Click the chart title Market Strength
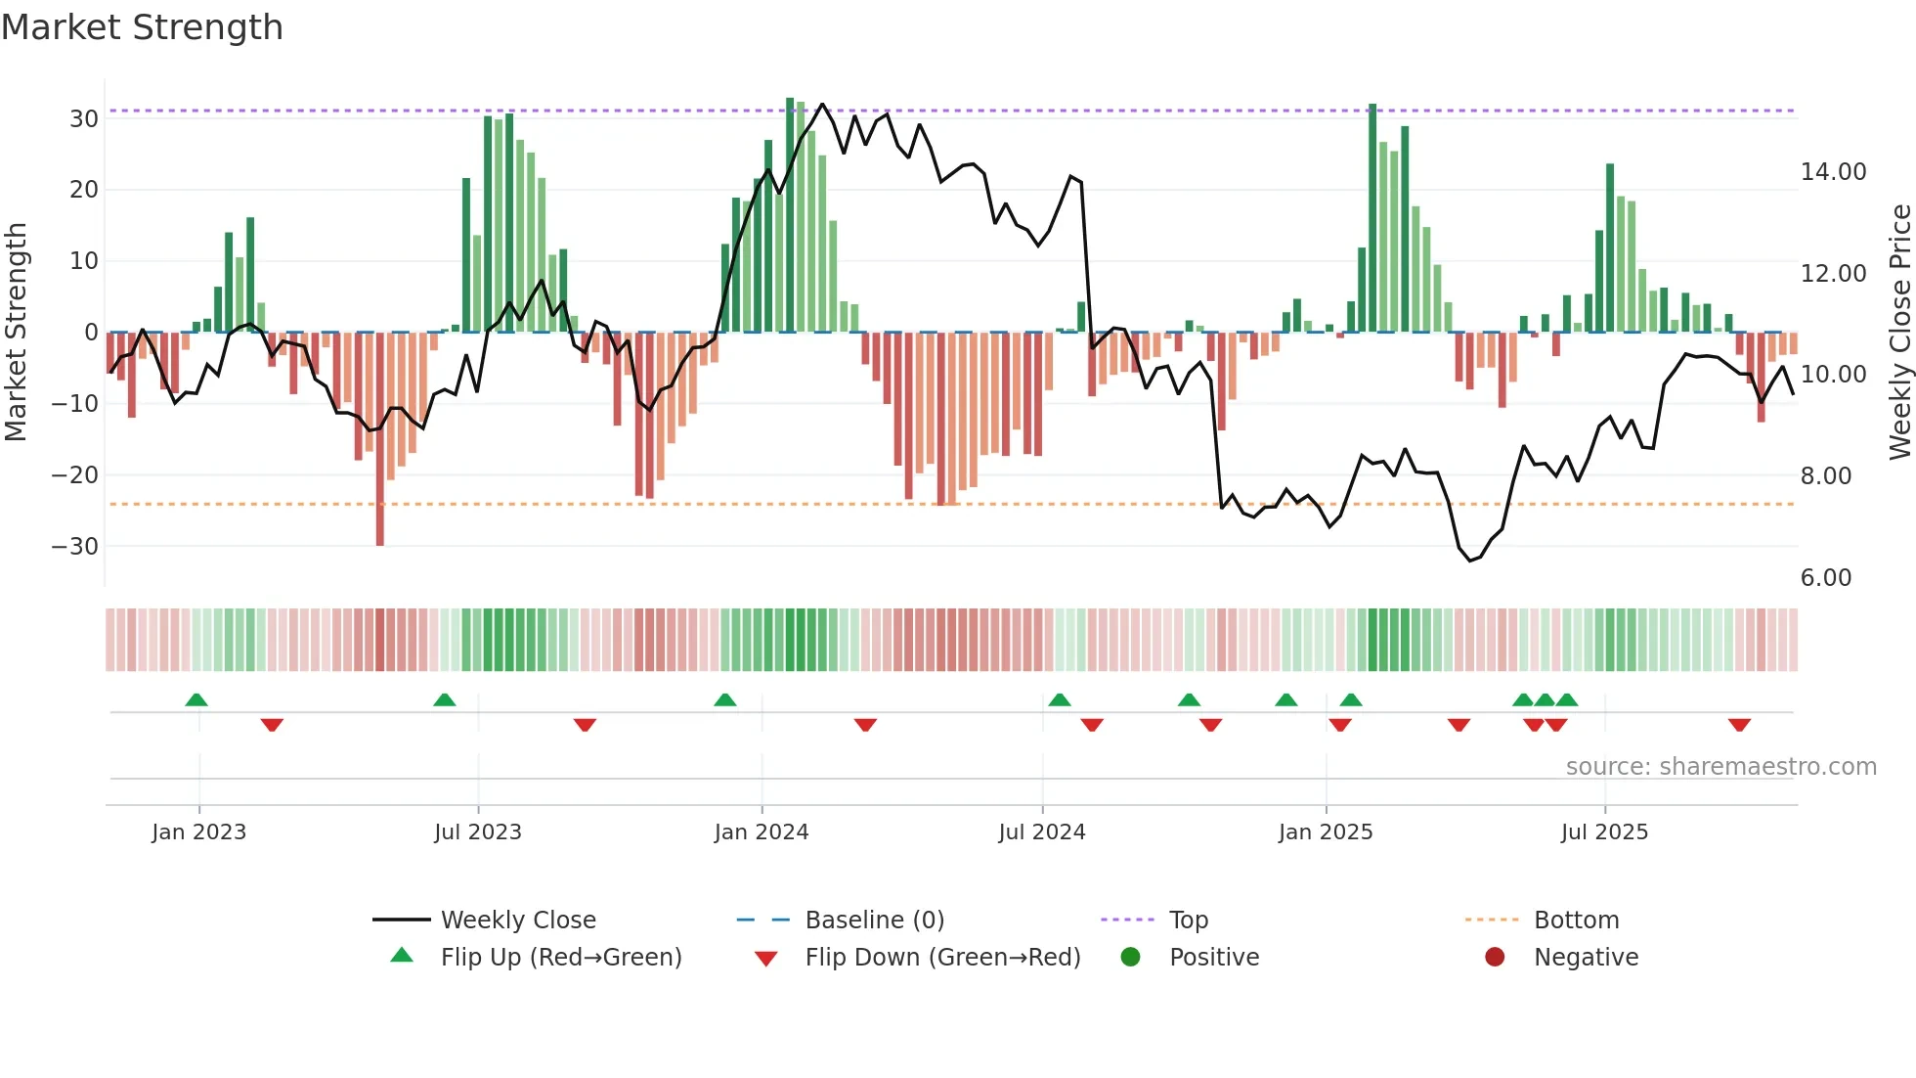(x=142, y=27)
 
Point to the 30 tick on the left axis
(x=84, y=118)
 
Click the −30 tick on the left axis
(x=76, y=546)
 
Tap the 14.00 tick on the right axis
(x=1833, y=172)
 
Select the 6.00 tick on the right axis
(x=1825, y=578)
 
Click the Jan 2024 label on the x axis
(x=762, y=832)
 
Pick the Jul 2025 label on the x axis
(x=1604, y=832)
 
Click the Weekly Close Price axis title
(x=1899, y=332)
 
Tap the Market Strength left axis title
(x=16, y=332)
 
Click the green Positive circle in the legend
(x=1131, y=958)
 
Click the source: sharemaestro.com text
(x=1720, y=767)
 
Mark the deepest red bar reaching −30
(x=380, y=440)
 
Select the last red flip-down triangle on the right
(x=1739, y=725)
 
